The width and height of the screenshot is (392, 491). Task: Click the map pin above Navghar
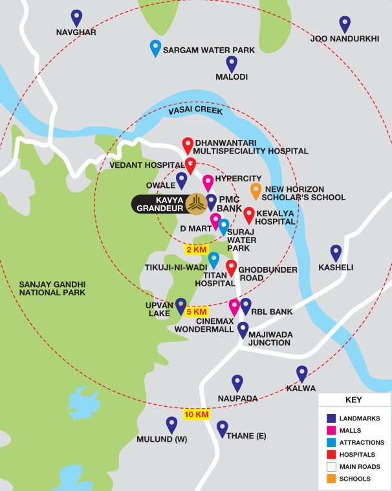(x=76, y=17)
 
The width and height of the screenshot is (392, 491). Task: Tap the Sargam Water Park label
(x=208, y=50)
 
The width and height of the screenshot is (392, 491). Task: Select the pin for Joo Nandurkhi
(x=345, y=24)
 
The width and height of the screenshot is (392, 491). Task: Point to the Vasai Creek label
(x=195, y=111)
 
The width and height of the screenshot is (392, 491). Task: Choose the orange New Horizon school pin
(x=256, y=190)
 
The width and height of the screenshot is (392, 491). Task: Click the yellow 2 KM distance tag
(x=197, y=249)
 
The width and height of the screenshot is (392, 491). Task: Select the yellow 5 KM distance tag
(x=196, y=312)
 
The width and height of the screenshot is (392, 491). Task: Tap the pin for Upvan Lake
(x=181, y=305)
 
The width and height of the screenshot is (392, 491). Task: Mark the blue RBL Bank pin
(x=245, y=305)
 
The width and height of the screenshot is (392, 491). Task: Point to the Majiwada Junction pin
(x=243, y=329)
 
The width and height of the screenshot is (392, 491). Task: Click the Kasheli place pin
(x=336, y=252)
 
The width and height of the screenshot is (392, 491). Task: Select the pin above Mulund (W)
(x=171, y=424)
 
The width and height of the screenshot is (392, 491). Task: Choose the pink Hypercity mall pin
(x=208, y=183)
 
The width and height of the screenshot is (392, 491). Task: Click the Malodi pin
(x=232, y=63)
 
